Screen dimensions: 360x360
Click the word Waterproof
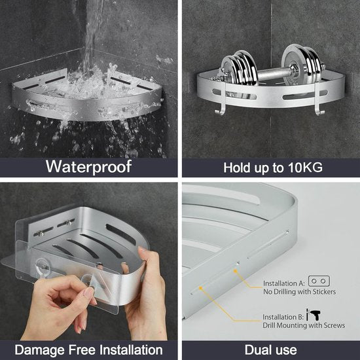tap(88, 166)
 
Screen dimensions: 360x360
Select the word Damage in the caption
tap(39, 350)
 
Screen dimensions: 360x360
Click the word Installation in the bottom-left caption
tap(131, 350)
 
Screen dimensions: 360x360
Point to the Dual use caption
tap(271, 350)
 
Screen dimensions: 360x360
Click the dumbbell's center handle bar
tap(272, 73)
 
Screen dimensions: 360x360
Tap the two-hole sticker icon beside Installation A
tap(319, 281)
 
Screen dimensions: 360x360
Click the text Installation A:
tap(284, 283)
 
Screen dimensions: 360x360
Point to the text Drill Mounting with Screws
tap(304, 325)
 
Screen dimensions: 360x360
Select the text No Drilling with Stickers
tap(299, 292)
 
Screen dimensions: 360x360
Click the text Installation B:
tap(283, 317)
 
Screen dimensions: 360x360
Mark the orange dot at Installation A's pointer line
tap(235, 271)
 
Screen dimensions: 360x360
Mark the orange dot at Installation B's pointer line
tap(200, 288)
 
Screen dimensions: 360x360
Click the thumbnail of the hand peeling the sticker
tap(88, 261)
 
